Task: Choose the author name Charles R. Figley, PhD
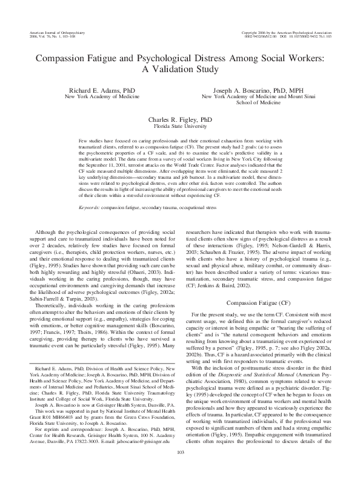pos(180,120)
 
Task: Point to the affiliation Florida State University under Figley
pos(180,127)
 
